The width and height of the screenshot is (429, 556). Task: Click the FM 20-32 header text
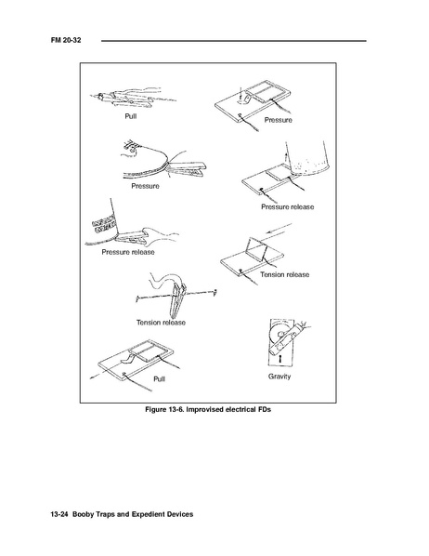[x=66, y=40]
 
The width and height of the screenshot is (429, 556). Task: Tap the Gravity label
[x=279, y=377]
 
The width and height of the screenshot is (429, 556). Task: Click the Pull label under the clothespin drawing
[x=130, y=116]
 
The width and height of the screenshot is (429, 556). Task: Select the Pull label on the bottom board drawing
[x=159, y=379]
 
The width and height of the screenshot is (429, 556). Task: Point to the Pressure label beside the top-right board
[x=278, y=120]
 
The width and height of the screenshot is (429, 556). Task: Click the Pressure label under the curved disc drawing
[x=145, y=186]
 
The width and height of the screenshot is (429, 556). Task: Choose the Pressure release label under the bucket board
[x=287, y=206]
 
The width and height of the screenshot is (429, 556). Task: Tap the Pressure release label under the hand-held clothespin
[x=128, y=252]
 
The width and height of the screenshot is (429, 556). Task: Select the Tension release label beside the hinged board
[x=284, y=274]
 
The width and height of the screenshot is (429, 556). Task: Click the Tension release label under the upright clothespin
[x=161, y=323]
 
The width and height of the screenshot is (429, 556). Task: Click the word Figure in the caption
[x=155, y=409]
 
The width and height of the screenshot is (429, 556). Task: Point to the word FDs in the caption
[x=265, y=409]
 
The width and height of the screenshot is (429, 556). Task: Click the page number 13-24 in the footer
[x=59, y=514]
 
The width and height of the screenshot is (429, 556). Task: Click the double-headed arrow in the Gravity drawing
[x=280, y=358]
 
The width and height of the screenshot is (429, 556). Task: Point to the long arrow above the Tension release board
[x=279, y=229]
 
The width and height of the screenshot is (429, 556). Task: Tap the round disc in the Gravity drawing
[x=279, y=334]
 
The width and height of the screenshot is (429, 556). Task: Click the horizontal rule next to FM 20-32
[x=234, y=41]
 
